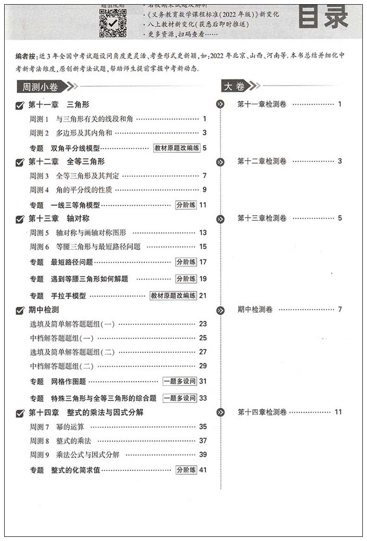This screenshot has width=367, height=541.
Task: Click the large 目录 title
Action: [323, 17]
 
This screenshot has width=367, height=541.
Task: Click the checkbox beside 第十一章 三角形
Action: [20, 105]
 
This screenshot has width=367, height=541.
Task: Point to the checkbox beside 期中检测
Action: [20, 310]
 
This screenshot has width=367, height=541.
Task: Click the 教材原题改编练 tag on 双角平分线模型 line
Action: [177, 148]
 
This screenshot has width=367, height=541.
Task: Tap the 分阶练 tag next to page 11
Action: [186, 205]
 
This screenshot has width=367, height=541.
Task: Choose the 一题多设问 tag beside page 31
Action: [180, 381]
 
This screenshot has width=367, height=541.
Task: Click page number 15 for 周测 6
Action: [203, 247]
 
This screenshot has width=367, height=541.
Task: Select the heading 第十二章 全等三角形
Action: [66, 162]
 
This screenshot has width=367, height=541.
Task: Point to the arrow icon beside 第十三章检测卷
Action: [220, 218]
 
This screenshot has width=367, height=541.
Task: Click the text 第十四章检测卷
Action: [262, 412]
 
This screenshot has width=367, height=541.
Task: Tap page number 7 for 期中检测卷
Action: [340, 309]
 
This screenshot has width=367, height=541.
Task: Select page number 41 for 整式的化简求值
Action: [203, 469]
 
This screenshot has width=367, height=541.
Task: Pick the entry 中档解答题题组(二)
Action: [62, 366]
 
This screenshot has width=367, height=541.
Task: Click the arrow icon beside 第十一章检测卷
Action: [220, 104]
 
